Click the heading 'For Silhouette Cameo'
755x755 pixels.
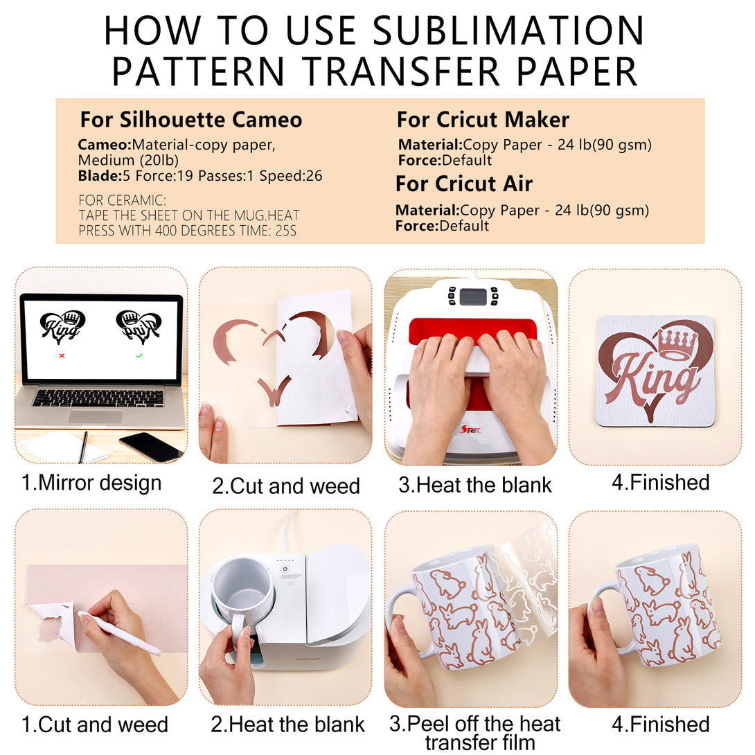(x=191, y=120)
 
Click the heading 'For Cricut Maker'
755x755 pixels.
(x=483, y=120)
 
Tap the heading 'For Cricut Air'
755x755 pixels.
(x=464, y=184)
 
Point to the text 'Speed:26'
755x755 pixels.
(x=291, y=176)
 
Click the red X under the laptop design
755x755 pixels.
(x=62, y=356)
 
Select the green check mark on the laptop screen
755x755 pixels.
(x=139, y=356)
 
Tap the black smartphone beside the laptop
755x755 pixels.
(x=151, y=446)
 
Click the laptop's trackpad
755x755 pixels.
(x=96, y=417)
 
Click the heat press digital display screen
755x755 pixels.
(x=473, y=296)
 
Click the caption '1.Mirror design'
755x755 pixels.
(x=91, y=483)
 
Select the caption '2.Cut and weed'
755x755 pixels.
(x=286, y=486)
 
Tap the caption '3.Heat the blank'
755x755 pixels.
(x=474, y=485)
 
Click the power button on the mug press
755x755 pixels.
(x=285, y=569)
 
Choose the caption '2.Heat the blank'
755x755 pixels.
(x=287, y=725)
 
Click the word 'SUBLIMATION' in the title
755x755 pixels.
(x=508, y=30)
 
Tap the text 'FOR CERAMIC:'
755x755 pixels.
(x=123, y=200)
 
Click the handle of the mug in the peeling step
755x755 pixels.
(x=405, y=621)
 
